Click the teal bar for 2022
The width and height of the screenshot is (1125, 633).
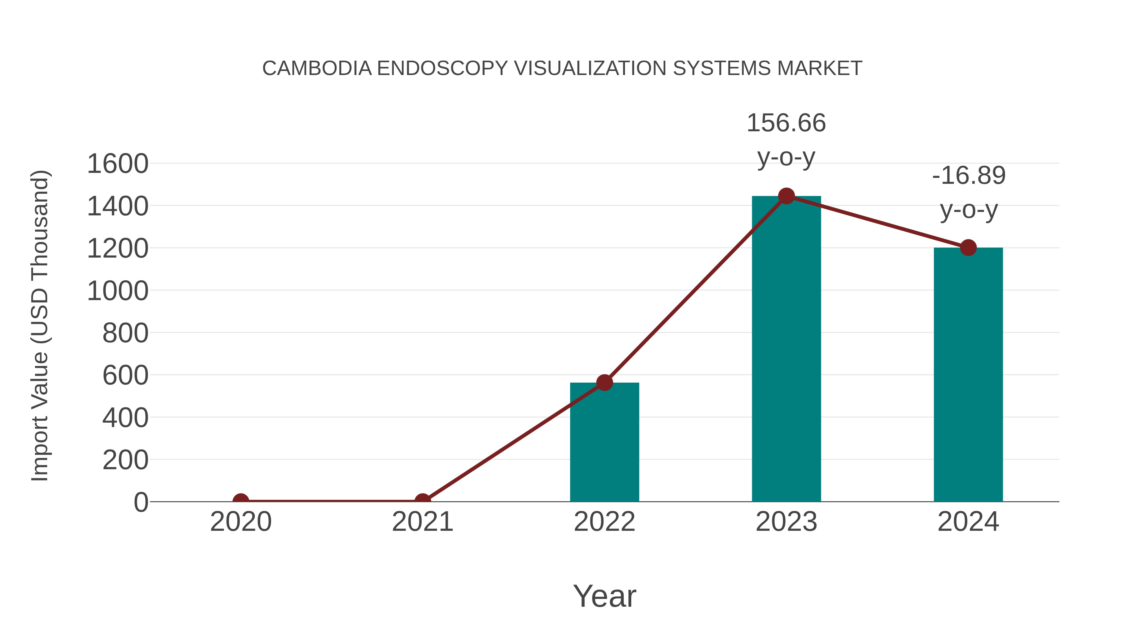pyautogui.click(x=604, y=442)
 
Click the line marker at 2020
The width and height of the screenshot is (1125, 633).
pyautogui.click(x=241, y=501)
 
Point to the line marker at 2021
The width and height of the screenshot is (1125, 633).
pyautogui.click(x=422, y=501)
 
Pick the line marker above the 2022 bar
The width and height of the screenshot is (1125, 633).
pyautogui.click(x=604, y=383)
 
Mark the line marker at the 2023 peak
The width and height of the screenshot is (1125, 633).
pyautogui.click(x=786, y=196)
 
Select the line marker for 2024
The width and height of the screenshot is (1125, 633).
pyautogui.click(x=968, y=248)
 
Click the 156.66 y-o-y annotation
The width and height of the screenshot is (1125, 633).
pyautogui.click(x=786, y=139)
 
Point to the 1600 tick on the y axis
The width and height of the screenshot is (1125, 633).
pyautogui.click(x=118, y=164)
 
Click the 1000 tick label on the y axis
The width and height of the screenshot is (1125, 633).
pyautogui.click(x=118, y=291)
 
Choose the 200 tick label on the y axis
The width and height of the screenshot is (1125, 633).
pyautogui.click(x=125, y=460)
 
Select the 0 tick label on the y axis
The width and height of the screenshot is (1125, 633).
pyautogui.click(x=141, y=502)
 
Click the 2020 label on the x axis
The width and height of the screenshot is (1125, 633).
pyautogui.click(x=241, y=522)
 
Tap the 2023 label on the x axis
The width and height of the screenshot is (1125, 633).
pyautogui.click(x=786, y=522)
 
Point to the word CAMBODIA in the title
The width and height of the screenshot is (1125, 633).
pyautogui.click(x=317, y=68)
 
